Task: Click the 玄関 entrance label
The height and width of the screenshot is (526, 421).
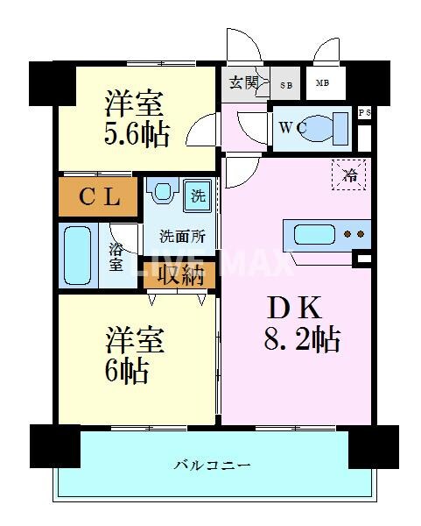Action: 244,84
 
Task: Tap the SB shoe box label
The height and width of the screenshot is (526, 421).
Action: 285,85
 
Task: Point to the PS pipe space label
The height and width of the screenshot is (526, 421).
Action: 365,113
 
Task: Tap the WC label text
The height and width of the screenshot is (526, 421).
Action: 291,128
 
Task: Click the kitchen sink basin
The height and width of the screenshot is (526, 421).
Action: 312,234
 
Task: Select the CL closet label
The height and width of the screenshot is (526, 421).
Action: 99,196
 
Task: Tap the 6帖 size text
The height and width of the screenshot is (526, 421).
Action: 128,372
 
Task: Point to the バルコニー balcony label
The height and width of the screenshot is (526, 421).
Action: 211,464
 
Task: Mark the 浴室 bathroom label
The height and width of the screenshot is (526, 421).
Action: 116,255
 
